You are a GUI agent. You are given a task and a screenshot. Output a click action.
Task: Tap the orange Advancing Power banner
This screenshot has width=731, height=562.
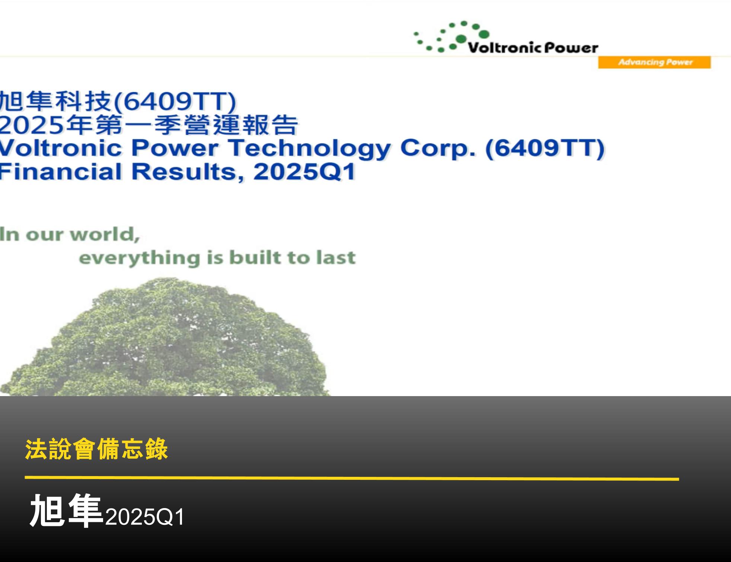(x=654, y=62)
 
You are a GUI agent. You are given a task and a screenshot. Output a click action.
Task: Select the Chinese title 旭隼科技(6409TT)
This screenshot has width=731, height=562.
(x=117, y=101)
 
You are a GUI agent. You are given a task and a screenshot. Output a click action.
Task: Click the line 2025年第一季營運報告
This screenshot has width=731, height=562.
(x=149, y=125)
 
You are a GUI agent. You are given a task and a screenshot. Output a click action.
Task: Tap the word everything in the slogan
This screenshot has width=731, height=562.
(x=140, y=258)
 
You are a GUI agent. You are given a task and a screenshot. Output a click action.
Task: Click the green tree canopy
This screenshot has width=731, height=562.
(x=167, y=342)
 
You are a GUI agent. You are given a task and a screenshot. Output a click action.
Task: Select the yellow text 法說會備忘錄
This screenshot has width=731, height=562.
(x=96, y=449)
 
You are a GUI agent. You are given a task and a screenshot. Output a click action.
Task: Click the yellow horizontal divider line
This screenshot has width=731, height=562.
(x=352, y=478)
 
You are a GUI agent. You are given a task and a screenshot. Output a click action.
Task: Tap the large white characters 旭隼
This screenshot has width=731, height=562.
(x=66, y=511)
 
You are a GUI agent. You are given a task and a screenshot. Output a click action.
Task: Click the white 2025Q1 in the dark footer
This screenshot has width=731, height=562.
(x=144, y=517)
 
